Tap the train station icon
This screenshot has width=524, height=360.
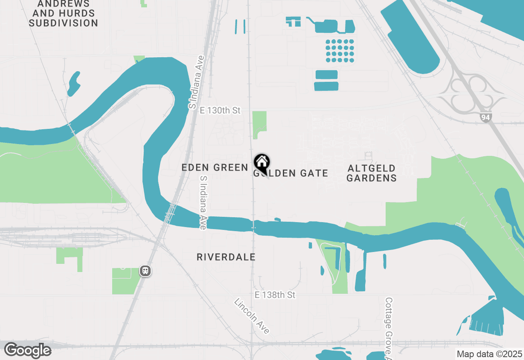[x=145, y=271]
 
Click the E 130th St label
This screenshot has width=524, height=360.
[x=220, y=110]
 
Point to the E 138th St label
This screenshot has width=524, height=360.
[x=275, y=295]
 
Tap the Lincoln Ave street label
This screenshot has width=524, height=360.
[x=252, y=316]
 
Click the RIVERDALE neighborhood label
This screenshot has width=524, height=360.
[x=226, y=257]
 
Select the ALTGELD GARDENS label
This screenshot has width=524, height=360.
[x=372, y=173]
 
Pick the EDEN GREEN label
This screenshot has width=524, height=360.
[x=215, y=167]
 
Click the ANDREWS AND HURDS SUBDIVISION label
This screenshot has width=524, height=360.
[x=63, y=14]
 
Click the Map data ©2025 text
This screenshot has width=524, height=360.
[x=489, y=354]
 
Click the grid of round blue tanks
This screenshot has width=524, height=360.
[x=340, y=51]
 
